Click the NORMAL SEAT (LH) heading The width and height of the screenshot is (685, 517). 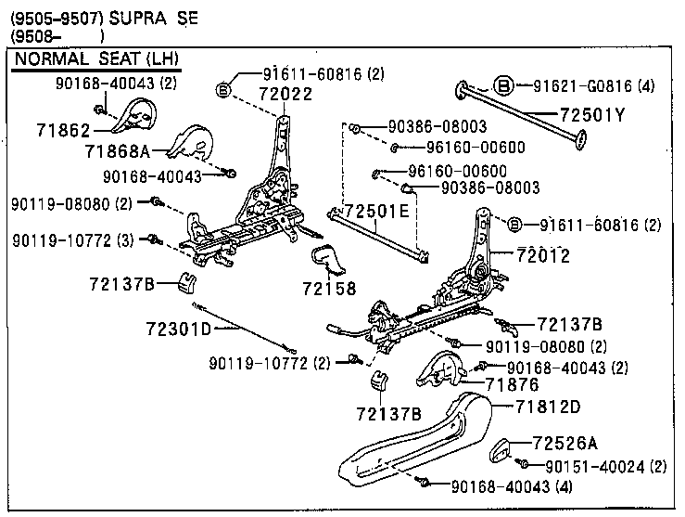click(94, 60)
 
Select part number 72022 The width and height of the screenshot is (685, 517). click(260, 95)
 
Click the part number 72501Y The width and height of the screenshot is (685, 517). click(592, 115)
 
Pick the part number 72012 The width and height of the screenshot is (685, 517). click(542, 255)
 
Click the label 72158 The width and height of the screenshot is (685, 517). click(328, 289)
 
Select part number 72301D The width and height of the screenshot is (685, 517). click(179, 329)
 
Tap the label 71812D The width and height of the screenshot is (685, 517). click(548, 406)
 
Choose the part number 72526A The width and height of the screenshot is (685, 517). click(565, 443)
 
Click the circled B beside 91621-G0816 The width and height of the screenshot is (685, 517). click(504, 85)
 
